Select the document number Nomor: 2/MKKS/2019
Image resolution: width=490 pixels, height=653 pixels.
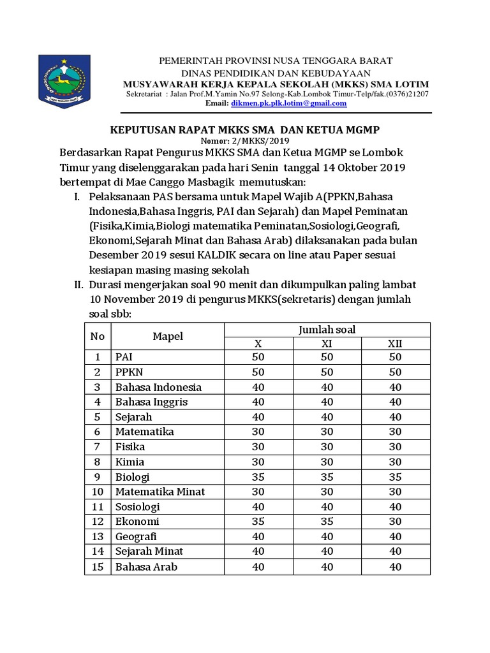pos(245,141)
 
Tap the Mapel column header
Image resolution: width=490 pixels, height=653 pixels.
pos(167,336)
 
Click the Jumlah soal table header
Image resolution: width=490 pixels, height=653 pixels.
pos(327,329)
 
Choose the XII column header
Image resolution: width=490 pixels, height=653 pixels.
pos(395,344)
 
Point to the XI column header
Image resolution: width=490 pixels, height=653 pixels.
pos(327,344)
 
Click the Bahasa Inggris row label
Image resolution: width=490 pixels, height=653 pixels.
pos(151,402)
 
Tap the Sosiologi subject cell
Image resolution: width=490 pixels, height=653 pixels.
pos(137,507)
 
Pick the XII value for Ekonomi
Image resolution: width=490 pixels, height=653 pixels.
pos(395,522)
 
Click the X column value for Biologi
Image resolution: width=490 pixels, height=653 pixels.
pos(258,477)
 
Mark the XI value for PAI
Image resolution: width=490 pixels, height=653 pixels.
pos(327,357)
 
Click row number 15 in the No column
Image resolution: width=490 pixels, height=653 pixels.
pos(98,567)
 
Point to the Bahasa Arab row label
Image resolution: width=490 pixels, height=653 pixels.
pos(146,567)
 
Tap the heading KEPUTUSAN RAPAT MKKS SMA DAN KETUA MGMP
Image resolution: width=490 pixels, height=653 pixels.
pos(245,129)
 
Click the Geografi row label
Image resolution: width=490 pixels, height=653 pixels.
pos(136,537)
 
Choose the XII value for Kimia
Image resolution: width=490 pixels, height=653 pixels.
pos(395,462)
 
